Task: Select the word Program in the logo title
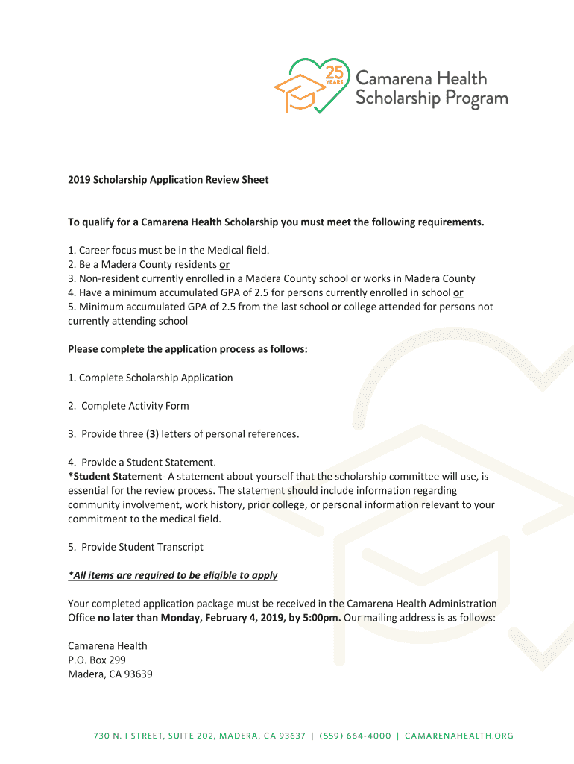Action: coord(473,98)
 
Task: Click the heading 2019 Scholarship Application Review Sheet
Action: coord(168,180)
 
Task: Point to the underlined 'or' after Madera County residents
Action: coord(224,265)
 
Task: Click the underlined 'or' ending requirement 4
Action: coord(458,293)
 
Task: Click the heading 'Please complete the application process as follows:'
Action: coord(187,349)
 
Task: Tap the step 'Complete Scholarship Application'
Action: coord(151,378)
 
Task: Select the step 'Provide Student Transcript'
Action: coord(136,547)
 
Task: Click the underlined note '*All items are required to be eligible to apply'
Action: coord(172,575)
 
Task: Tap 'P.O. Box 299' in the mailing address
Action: coord(97,660)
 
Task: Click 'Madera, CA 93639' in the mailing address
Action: coord(110,674)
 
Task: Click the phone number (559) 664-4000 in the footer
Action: coord(355,736)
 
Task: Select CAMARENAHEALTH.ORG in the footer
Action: coord(459,736)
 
